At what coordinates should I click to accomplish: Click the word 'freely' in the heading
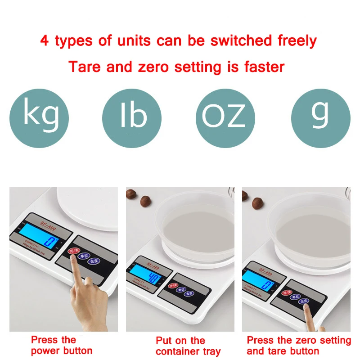point(291,41)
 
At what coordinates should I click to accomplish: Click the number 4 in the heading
point(45,41)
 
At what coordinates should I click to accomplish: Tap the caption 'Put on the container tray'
point(188,346)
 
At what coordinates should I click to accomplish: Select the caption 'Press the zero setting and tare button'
point(298,346)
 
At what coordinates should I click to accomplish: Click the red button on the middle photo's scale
point(172,286)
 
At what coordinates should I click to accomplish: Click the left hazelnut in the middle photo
point(131,193)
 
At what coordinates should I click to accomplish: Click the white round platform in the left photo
point(88,207)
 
